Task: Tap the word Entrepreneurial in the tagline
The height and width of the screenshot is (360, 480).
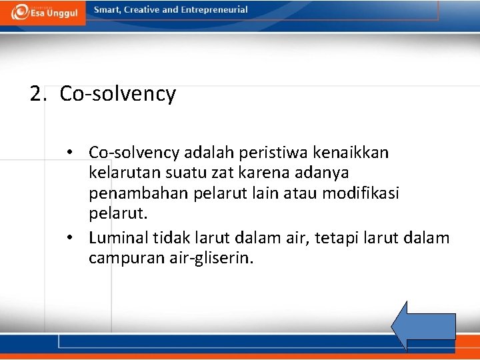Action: coord(212,10)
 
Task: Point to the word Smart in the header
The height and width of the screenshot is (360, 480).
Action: coord(107,10)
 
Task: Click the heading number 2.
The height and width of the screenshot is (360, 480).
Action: coord(37,94)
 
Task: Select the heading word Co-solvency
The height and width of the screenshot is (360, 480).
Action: coord(117,94)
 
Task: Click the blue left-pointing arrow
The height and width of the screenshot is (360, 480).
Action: coord(422,325)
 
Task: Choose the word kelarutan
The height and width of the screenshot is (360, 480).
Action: coord(123,173)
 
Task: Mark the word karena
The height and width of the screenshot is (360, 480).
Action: coord(255,173)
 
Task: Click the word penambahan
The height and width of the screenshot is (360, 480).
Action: coord(137,193)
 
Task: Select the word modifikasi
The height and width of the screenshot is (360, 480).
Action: coord(361,193)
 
